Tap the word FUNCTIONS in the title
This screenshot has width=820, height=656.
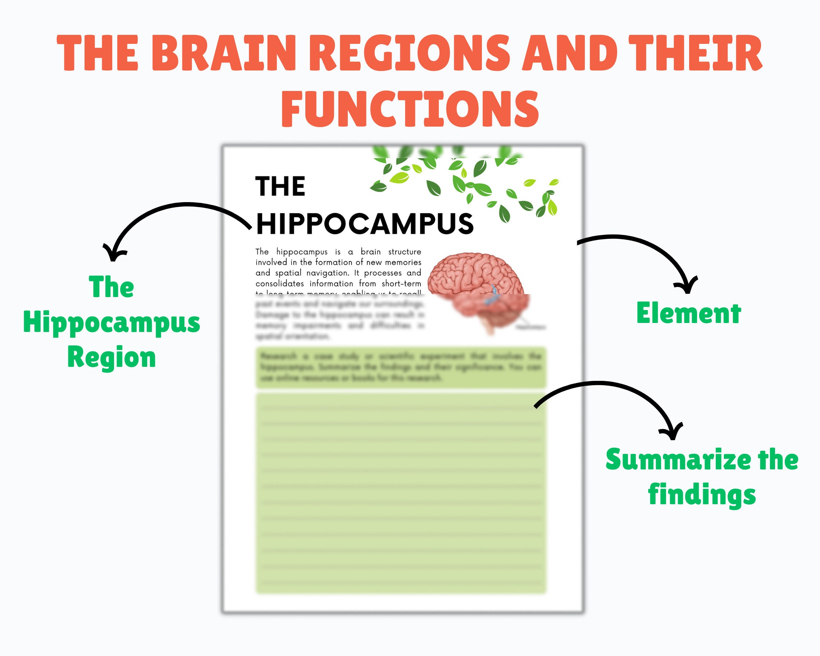point(410,109)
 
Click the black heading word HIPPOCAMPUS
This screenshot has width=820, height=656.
point(365,224)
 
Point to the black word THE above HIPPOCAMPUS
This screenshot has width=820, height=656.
point(280,186)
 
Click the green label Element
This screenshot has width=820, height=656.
point(688,314)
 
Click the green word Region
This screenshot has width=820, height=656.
point(111,357)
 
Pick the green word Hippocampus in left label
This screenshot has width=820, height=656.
point(111,322)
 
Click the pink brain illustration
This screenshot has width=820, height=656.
point(477,287)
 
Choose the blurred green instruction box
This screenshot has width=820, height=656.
point(401,367)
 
